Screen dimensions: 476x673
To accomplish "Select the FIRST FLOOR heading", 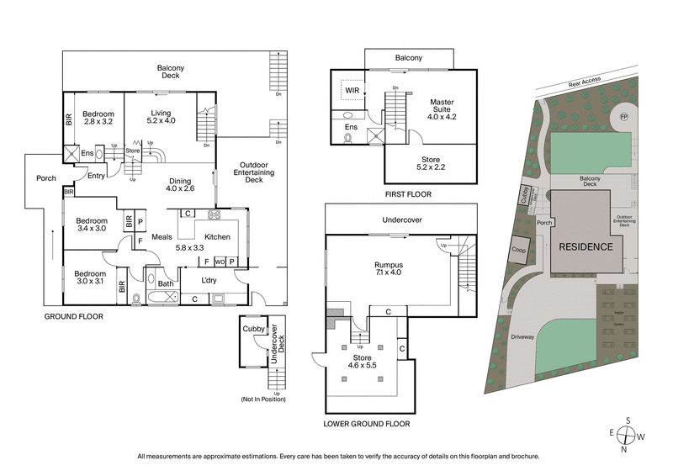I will click(x=407, y=194).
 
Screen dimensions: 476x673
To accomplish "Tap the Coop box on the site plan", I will click(x=520, y=250).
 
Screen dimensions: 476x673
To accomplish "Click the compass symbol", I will click(x=626, y=436).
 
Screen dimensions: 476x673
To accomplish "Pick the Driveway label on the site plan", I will click(x=522, y=337).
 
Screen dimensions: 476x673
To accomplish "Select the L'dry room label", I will click(x=210, y=279).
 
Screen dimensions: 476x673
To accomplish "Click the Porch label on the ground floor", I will click(x=45, y=178).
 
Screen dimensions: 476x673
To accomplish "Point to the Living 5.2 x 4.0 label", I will click(x=160, y=117).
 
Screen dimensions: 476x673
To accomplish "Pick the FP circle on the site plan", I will click(x=623, y=115).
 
